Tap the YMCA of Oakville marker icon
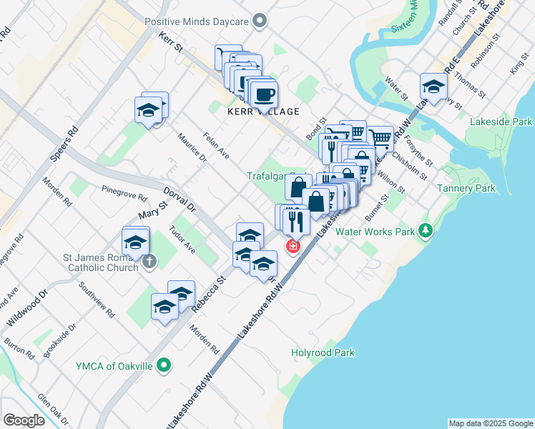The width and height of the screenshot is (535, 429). (164, 366)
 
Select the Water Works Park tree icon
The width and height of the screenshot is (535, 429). (426, 230)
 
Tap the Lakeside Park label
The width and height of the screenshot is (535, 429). (501, 122)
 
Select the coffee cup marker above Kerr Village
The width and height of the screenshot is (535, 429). (263, 94)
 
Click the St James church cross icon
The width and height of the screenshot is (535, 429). (149, 261)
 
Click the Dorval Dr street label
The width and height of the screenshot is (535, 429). (179, 200)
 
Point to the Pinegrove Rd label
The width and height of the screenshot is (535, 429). (124, 194)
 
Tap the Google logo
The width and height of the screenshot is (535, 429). (24, 420)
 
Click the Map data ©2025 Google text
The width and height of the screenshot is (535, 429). (491, 423)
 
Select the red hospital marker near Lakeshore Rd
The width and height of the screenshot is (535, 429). (293, 247)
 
